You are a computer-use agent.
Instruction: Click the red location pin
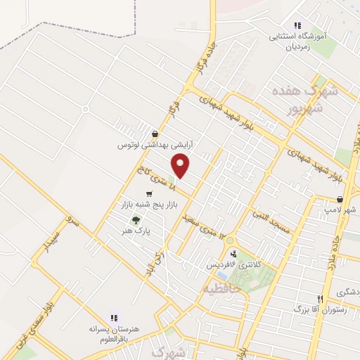pos(181,166)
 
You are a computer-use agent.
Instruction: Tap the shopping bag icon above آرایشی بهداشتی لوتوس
pos(155,134)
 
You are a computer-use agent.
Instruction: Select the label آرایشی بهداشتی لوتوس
pos(155,145)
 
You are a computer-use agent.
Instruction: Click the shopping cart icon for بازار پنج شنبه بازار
pos(148,193)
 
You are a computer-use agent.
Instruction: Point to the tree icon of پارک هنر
pos(136,218)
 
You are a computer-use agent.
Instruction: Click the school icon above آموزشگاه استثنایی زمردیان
pos(298,24)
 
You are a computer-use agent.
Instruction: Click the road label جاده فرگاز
pos(210,57)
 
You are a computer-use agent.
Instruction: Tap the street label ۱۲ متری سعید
pos(215,225)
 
